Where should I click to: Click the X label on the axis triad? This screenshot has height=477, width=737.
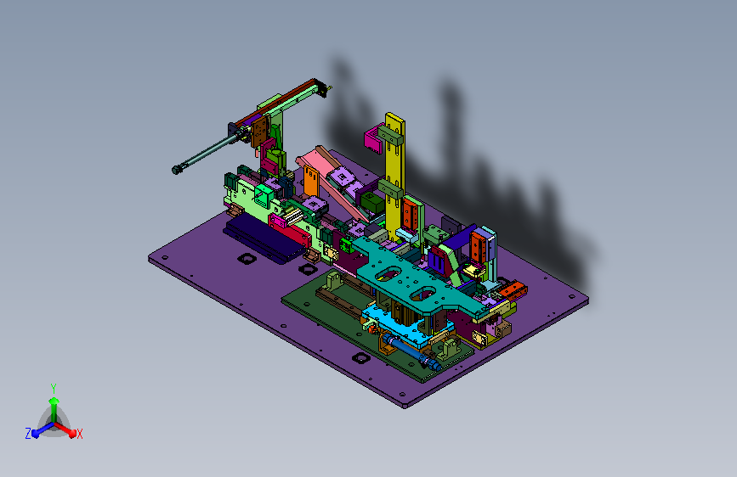(x=79, y=434)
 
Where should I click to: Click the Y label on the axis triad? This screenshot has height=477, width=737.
(x=54, y=388)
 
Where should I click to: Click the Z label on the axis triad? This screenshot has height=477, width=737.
(x=28, y=434)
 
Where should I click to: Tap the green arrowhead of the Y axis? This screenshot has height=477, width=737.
(x=54, y=401)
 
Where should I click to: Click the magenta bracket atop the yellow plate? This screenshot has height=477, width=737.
(x=374, y=138)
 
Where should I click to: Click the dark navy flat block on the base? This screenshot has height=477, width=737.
(x=264, y=238)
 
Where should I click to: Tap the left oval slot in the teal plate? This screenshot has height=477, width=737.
(x=388, y=274)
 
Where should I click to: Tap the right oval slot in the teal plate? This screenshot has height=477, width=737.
(x=424, y=294)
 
